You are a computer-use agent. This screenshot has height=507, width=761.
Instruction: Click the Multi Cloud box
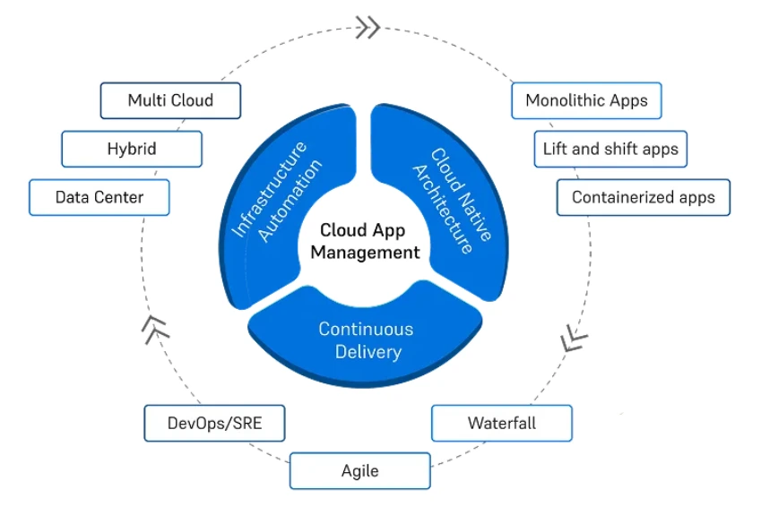coord(170,100)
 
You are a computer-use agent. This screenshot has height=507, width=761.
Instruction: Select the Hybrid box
coord(132,149)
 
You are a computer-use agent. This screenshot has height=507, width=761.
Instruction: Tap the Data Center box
coord(99,197)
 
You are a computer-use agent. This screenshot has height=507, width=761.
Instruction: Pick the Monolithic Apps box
coord(586,100)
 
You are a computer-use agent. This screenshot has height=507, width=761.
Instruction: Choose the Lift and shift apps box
coord(610,149)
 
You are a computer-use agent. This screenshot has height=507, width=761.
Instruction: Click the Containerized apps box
coord(644,197)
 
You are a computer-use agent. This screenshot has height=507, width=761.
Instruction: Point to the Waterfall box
coord(501,423)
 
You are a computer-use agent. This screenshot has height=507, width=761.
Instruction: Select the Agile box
coord(359,470)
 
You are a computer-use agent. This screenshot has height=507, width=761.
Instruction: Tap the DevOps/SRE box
coord(214,423)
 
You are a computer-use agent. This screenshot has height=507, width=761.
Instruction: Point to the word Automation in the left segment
coord(288,202)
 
